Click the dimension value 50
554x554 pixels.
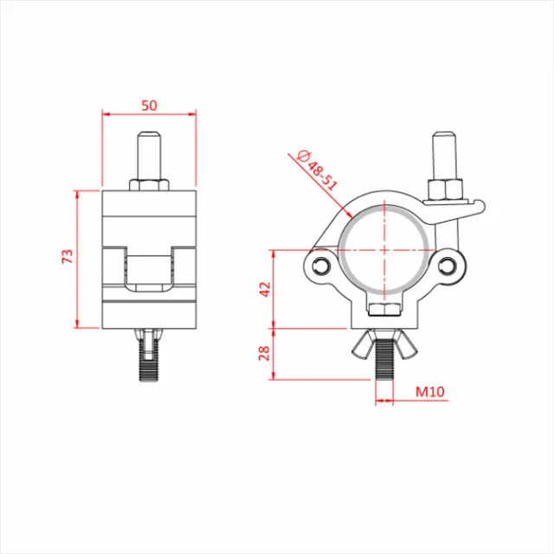point(149,105)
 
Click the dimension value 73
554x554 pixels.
point(68,257)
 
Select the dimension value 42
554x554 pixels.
point(265,289)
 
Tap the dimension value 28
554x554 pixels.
point(265,353)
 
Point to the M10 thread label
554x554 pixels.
point(430,391)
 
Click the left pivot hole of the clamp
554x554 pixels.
point(322,265)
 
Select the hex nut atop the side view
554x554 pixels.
point(149,184)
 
